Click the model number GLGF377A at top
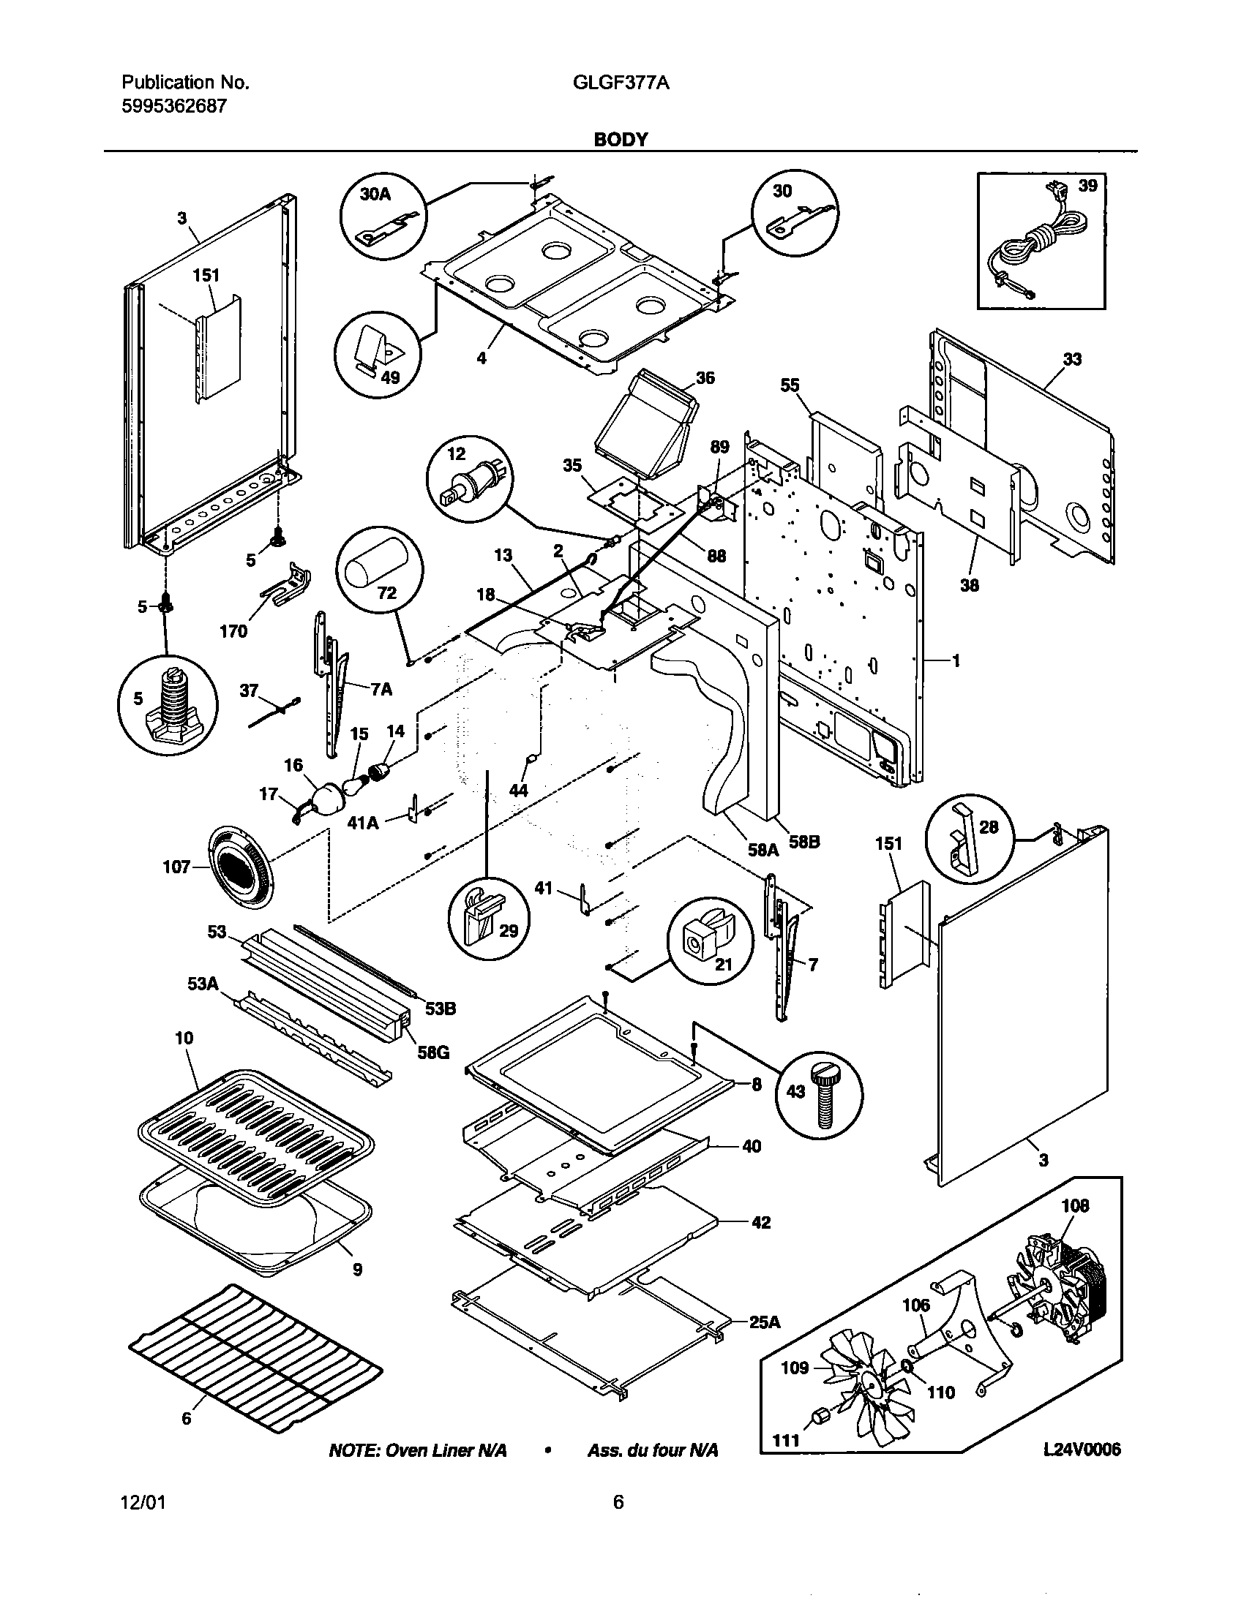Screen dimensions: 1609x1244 point(621,83)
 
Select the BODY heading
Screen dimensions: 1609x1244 point(621,139)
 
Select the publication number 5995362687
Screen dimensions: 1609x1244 point(174,106)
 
